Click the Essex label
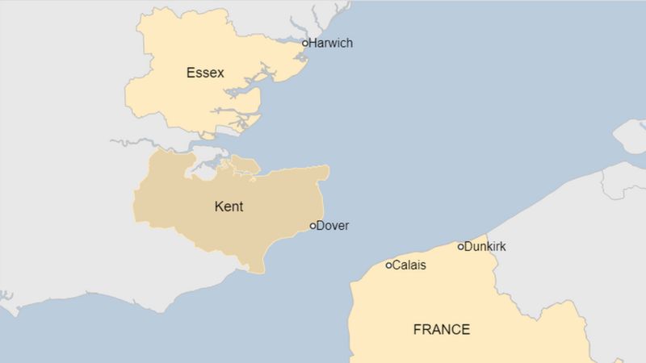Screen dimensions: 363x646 pyautogui.click(x=205, y=73)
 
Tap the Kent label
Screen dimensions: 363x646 pyautogui.click(x=229, y=207)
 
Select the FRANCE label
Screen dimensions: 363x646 pyautogui.click(x=441, y=329)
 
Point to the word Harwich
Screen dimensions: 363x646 pyautogui.click(x=331, y=43)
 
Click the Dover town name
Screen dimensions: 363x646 pyautogui.click(x=333, y=226)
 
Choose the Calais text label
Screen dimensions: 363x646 pyautogui.click(x=409, y=265)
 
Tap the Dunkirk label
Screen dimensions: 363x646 pyautogui.click(x=485, y=246)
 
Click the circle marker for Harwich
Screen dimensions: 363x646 pyautogui.click(x=305, y=44)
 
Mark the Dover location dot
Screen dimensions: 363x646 pyautogui.click(x=313, y=227)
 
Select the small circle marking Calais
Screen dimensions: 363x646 pyautogui.click(x=388, y=265)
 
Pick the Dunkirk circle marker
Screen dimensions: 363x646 pyautogui.click(x=461, y=247)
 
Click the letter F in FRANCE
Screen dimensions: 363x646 pyautogui.click(x=417, y=329)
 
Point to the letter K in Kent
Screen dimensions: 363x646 pyautogui.click(x=218, y=207)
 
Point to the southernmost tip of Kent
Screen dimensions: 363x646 pyautogui.click(x=260, y=271)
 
